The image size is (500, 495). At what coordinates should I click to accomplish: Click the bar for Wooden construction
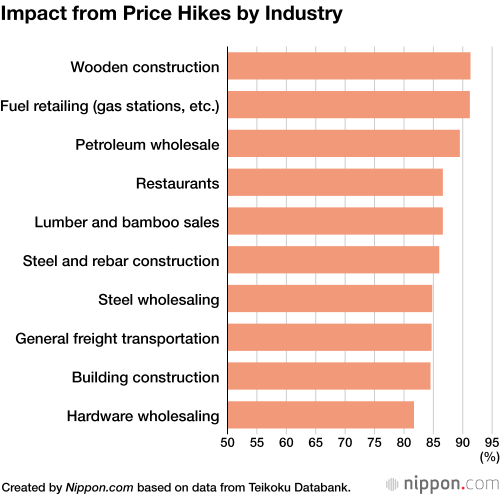pyautogui.click(x=349, y=66)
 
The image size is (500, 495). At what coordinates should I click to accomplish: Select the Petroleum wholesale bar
pyautogui.click(x=343, y=143)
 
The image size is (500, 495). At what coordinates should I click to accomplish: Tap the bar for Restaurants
pyautogui.click(x=335, y=182)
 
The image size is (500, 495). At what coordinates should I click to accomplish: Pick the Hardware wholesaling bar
pyautogui.click(x=320, y=415)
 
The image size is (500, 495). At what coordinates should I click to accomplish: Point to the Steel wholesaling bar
pyautogui.click(x=329, y=298)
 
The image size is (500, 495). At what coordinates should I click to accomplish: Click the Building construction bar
pyautogui.click(x=328, y=376)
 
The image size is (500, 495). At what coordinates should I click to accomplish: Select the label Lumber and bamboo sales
pyautogui.click(x=126, y=222)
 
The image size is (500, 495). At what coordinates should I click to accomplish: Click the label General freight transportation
pyautogui.click(x=117, y=338)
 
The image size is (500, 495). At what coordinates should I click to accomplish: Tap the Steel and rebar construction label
pyautogui.click(x=121, y=261)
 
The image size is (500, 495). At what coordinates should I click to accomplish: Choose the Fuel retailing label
pyautogui.click(x=109, y=105)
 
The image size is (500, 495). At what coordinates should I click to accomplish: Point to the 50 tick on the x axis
pyautogui.click(x=227, y=442)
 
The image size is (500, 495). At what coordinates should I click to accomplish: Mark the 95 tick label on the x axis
pyautogui.click(x=492, y=442)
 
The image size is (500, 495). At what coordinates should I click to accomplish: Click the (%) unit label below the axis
pyautogui.click(x=489, y=456)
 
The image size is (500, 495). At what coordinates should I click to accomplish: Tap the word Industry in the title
pyautogui.click(x=304, y=13)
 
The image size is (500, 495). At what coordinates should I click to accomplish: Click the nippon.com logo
pyautogui.click(x=442, y=483)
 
